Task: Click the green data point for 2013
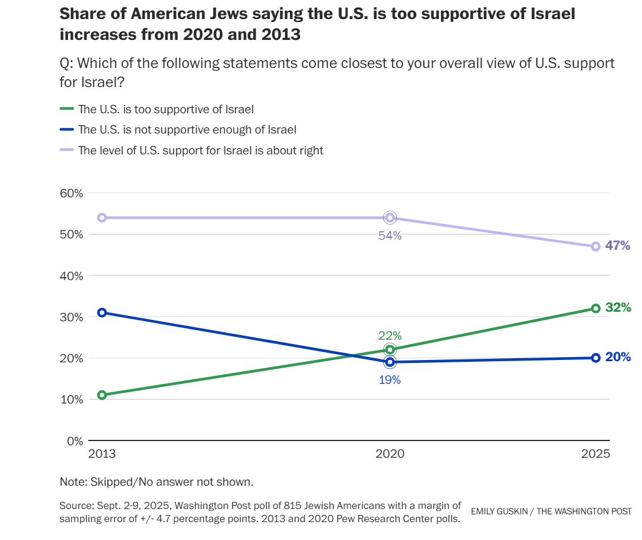point(102,395)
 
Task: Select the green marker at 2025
point(596,308)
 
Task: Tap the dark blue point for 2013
point(102,312)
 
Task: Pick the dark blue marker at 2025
point(596,358)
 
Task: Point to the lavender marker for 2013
point(102,218)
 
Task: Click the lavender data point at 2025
point(596,246)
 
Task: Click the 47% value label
point(618,246)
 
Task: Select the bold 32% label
point(618,308)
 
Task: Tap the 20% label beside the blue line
point(618,357)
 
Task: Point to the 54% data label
point(390,235)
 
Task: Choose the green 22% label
point(390,336)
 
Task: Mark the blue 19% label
point(390,380)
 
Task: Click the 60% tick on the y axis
point(71,193)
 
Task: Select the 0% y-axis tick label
point(75,441)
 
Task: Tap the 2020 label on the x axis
point(390,454)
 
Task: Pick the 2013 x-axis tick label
point(102,454)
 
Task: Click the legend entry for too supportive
point(166,109)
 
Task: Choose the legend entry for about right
point(201,150)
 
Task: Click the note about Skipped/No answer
point(157,482)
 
